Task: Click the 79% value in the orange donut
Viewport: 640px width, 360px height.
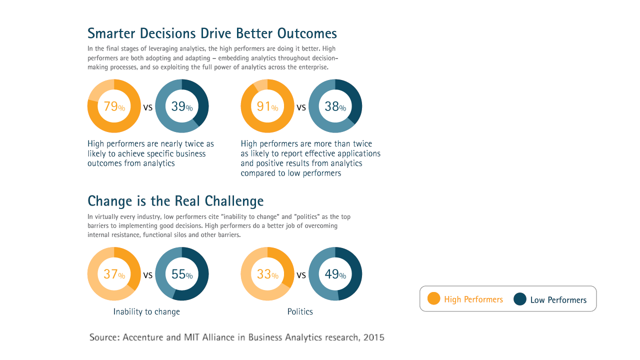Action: pos(114,106)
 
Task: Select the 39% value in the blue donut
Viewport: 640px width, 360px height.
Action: pos(182,106)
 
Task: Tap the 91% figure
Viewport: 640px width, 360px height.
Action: pos(267,106)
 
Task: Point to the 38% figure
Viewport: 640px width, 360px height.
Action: pos(335,106)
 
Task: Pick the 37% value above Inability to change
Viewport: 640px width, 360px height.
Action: pos(114,274)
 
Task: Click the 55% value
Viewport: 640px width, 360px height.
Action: pos(182,274)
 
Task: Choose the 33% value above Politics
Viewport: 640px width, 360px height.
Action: pos(267,274)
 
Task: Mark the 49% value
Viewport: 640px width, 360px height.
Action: pos(335,274)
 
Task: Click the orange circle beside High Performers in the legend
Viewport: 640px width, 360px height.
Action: pos(434,299)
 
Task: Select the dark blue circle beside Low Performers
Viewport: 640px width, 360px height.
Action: pos(520,299)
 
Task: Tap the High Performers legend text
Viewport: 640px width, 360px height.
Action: pos(473,299)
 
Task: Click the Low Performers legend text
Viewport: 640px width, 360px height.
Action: pos(558,300)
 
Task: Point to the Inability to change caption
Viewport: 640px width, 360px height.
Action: pos(146,312)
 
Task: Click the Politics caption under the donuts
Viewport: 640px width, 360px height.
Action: pos(300,312)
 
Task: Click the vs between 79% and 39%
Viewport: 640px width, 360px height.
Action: pos(148,107)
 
